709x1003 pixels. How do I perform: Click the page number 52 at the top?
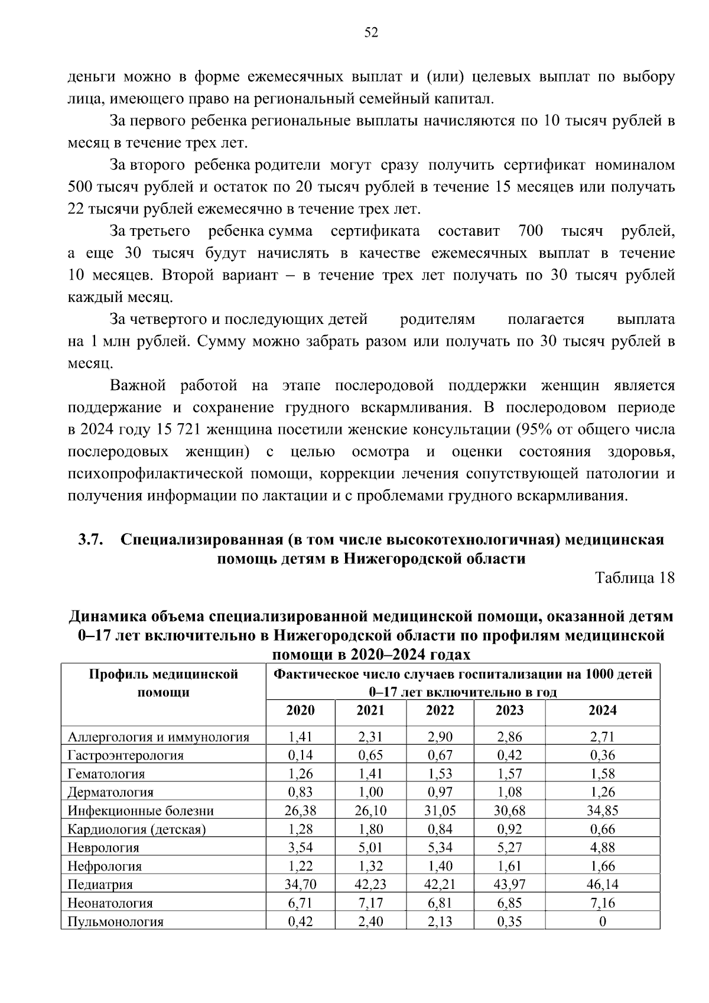[371, 33]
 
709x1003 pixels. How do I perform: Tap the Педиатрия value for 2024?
[602, 884]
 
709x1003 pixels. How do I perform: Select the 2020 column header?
[300, 710]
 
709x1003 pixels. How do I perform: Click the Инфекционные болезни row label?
[141, 811]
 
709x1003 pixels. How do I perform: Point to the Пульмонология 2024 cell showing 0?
[602, 921]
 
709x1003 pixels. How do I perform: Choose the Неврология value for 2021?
[370, 848]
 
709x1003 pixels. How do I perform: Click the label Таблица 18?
[635, 578]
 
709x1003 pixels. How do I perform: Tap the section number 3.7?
[91, 539]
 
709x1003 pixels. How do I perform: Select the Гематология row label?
[106, 774]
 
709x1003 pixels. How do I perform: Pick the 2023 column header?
[509, 710]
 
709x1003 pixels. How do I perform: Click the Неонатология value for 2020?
[300, 903]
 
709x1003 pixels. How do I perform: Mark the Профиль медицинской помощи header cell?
[163, 683]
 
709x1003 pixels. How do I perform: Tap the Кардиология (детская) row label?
[136, 829]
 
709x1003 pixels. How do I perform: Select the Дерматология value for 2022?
[440, 792]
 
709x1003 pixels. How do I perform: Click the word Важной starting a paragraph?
[138, 386]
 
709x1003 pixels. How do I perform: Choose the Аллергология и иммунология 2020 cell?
[300, 736]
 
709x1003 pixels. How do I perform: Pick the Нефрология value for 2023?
[509, 866]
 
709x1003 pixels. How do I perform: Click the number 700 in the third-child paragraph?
[530, 231]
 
